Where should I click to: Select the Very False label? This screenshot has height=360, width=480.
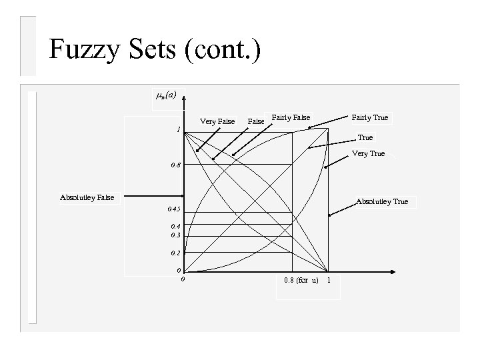(x=217, y=121)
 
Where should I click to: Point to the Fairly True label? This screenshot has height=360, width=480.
(x=370, y=118)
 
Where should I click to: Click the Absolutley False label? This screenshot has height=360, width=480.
(x=87, y=197)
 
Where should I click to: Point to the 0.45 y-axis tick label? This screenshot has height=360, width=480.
(x=174, y=210)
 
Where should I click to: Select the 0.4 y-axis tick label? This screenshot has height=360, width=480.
(x=175, y=227)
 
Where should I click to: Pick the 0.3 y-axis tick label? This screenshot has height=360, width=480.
(x=175, y=235)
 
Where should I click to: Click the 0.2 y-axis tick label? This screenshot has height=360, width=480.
(x=175, y=253)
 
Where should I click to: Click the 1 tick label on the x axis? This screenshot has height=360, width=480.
(x=329, y=279)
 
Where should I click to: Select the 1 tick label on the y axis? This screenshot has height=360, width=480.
(x=178, y=129)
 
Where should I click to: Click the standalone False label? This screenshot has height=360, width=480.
(x=256, y=121)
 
